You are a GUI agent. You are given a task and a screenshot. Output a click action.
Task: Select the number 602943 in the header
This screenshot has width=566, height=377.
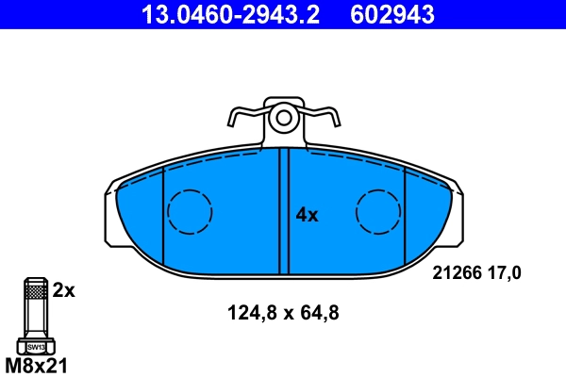tap(392, 14)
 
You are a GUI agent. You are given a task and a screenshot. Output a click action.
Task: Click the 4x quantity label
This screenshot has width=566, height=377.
tap(308, 215)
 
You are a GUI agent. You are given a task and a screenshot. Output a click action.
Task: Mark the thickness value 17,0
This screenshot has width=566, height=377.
tap(504, 272)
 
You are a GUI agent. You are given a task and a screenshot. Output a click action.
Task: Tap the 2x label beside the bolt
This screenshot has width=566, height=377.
tap(63, 291)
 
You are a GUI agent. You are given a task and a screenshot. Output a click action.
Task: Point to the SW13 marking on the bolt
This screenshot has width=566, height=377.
tap(35, 347)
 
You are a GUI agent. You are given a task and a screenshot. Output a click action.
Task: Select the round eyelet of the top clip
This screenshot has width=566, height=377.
tap(281, 119)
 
